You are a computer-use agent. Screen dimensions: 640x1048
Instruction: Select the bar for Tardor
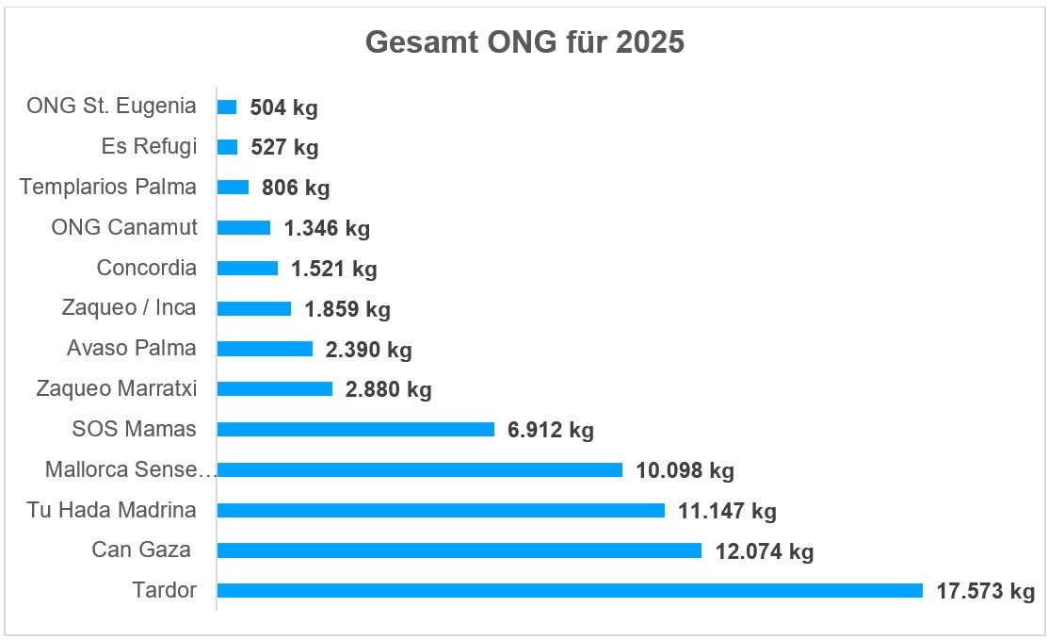coord(570,591)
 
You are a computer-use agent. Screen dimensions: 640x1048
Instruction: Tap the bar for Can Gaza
coord(459,550)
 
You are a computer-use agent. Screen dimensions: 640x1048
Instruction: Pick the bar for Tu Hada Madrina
coord(441,510)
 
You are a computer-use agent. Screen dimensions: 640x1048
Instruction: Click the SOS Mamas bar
coord(355,430)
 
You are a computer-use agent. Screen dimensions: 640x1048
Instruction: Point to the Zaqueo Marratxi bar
coord(274,389)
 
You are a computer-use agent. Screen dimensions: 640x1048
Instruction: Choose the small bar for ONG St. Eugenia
coord(227,107)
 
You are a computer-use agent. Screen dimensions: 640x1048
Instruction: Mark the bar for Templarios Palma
coord(233,188)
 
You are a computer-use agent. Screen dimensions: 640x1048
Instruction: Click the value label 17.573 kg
coord(985,592)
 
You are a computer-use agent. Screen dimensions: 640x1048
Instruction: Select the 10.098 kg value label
coord(685,470)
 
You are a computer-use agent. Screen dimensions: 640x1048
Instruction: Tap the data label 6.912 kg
coord(551,431)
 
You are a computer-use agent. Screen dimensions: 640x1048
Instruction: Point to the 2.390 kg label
coord(369,351)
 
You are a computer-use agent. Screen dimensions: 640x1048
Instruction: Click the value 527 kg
coord(284,148)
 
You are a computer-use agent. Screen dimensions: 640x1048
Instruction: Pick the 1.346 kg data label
coord(327,229)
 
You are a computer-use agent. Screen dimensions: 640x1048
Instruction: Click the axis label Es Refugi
coord(149,147)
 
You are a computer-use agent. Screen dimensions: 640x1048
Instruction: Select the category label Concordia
coord(147,268)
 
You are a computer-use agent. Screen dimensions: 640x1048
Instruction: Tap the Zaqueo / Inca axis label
coord(129,308)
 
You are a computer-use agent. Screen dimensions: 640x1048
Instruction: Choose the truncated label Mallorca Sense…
coord(130,469)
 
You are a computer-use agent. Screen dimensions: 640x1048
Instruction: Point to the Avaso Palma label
coord(132,349)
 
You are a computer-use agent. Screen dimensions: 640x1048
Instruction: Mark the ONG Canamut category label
coord(124,227)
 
